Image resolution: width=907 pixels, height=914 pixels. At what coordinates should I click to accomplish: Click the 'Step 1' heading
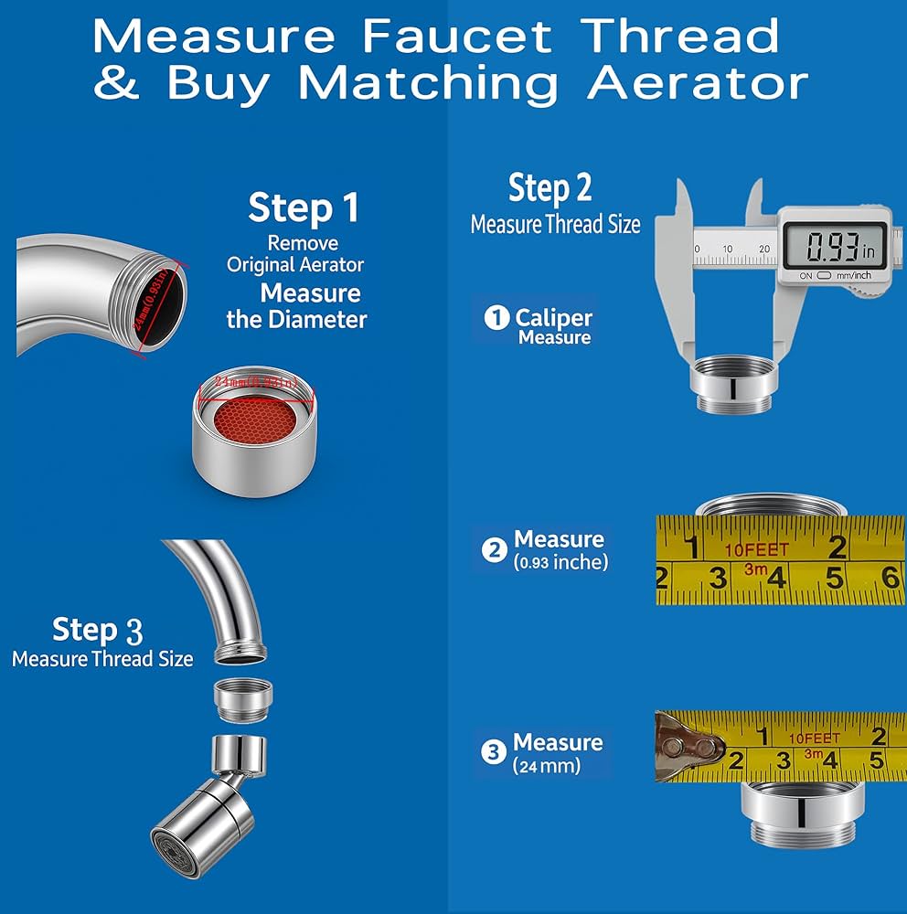coord(304,207)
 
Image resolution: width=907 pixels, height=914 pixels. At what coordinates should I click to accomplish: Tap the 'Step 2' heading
coord(550,188)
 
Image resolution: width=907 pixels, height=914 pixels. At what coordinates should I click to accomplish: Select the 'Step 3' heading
coord(98,630)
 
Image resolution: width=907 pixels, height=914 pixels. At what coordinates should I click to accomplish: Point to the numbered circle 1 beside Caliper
coord(496,318)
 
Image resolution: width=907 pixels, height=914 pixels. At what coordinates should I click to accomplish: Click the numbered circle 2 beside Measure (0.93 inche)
coord(495,549)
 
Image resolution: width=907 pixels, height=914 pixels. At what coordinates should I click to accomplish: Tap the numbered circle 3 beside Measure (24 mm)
coord(494,752)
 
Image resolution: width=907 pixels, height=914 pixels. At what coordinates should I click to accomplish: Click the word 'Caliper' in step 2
coord(554,318)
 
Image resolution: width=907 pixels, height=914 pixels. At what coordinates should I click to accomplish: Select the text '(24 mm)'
coord(547,766)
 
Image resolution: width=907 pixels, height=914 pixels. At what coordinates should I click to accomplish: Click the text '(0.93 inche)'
coord(560,563)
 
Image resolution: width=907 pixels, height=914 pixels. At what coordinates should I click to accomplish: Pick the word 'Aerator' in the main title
coord(698,83)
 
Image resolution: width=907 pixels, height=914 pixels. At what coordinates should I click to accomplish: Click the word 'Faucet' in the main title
coord(457,37)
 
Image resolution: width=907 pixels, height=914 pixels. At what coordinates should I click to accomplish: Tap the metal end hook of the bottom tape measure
coord(686,748)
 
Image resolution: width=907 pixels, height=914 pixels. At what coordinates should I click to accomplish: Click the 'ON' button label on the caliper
coord(806,275)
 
